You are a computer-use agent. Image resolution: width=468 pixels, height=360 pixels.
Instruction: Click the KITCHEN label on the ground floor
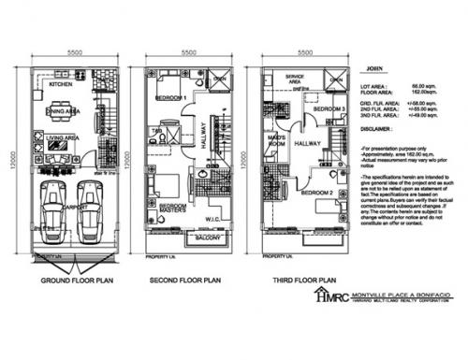point(61,85)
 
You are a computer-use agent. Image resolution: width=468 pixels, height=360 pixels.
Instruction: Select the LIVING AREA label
point(61,139)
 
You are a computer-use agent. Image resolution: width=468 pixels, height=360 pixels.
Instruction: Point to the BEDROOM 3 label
point(329,109)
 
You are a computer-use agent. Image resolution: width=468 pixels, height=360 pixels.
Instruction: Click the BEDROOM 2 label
point(317,193)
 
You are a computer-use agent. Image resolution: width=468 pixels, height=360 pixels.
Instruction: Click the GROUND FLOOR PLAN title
point(78,280)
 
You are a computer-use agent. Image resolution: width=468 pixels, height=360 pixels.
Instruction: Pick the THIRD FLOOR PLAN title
point(303,280)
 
